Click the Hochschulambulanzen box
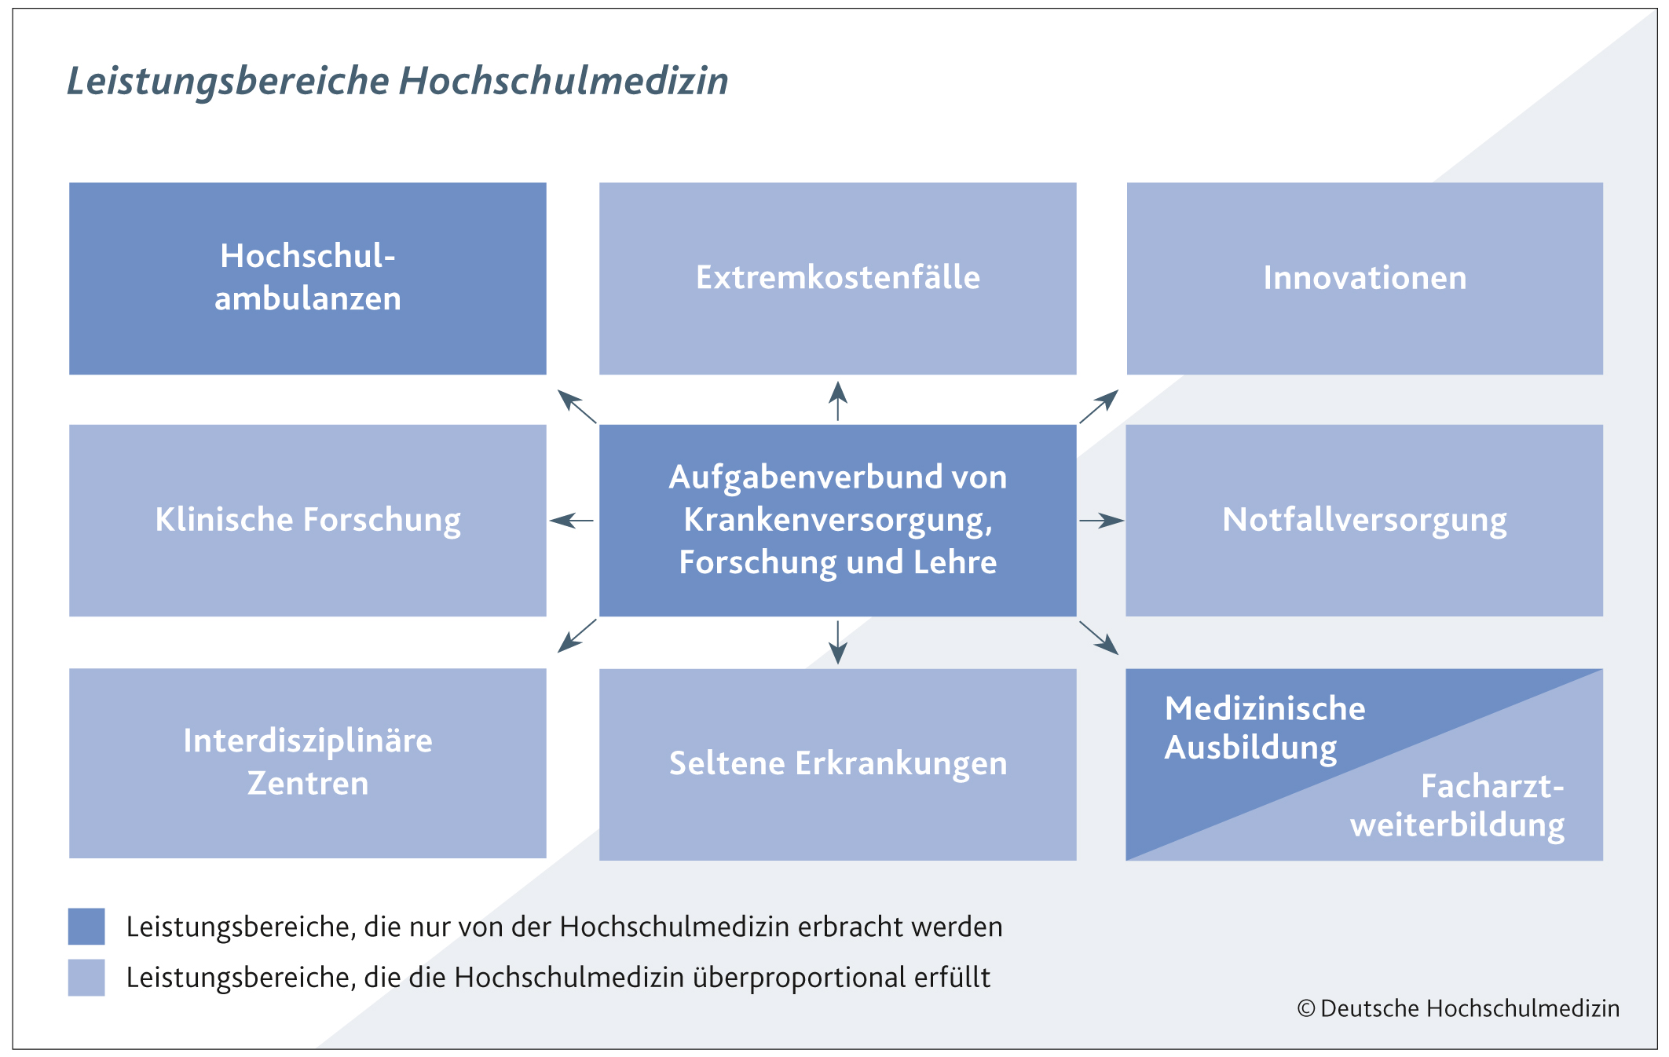pos(308,279)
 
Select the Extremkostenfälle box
pos(838,279)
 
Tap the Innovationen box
pos(1365,279)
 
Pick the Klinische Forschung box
pos(308,521)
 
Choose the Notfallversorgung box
pos(1364,521)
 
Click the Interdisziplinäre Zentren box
pos(308,763)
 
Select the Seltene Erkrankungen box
pos(838,765)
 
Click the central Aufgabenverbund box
pos(838,521)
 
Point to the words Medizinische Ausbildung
pos(1265,728)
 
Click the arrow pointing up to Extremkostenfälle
pos(838,401)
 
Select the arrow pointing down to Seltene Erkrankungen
pos(838,642)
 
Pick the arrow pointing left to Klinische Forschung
pos(572,520)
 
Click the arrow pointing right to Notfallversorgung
pos(1102,520)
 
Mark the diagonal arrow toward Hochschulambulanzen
pos(577,406)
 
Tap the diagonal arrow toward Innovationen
pos(1099,406)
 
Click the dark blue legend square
pos(86,927)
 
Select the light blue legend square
pos(86,978)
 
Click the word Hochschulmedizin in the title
pos(564,81)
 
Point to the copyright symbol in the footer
pos(1306,1008)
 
